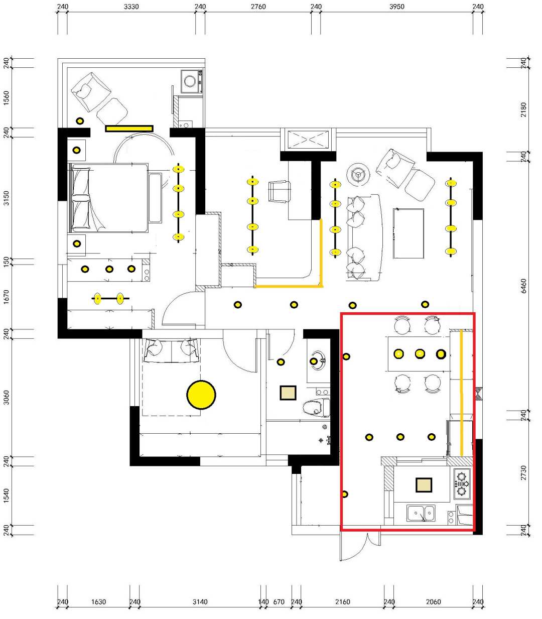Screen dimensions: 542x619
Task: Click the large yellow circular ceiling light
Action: (201, 395)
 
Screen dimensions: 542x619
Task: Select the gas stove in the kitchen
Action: (462, 484)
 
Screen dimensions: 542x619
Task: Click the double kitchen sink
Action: (421, 513)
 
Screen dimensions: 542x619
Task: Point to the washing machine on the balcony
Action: (192, 81)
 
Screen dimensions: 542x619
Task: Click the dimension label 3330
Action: (131, 7)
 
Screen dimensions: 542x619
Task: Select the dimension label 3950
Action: (396, 7)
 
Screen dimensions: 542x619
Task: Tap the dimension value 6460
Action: (523, 286)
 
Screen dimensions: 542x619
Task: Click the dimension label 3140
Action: (200, 602)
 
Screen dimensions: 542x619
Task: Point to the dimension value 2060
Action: (433, 602)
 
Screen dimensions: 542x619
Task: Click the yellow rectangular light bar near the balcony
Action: (129, 129)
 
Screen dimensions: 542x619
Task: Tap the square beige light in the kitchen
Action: (424, 485)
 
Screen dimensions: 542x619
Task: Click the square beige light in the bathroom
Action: (288, 393)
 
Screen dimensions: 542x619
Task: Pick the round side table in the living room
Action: (358, 174)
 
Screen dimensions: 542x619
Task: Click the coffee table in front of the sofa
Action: (409, 233)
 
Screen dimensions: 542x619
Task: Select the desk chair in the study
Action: (279, 191)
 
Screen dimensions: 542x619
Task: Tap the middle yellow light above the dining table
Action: (420, 353)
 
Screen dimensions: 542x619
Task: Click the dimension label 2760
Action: (258, 7)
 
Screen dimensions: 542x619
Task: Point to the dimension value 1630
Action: (98, 602)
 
